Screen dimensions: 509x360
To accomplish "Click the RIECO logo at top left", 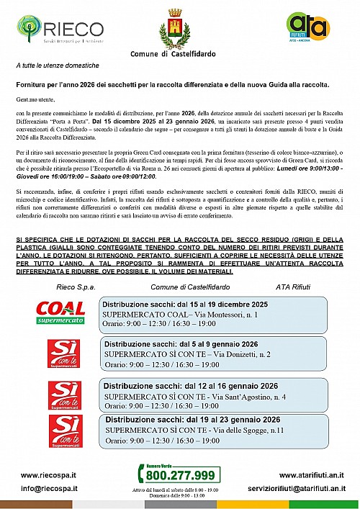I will point(50,30).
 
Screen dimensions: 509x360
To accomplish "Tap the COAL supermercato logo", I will point(60,312).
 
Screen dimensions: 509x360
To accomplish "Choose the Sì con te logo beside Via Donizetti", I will point(60,353).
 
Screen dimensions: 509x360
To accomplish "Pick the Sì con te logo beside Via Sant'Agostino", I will point(60,395).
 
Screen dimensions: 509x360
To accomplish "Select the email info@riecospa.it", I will point(48,490).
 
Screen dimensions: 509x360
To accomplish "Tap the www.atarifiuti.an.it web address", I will point(311,475).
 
